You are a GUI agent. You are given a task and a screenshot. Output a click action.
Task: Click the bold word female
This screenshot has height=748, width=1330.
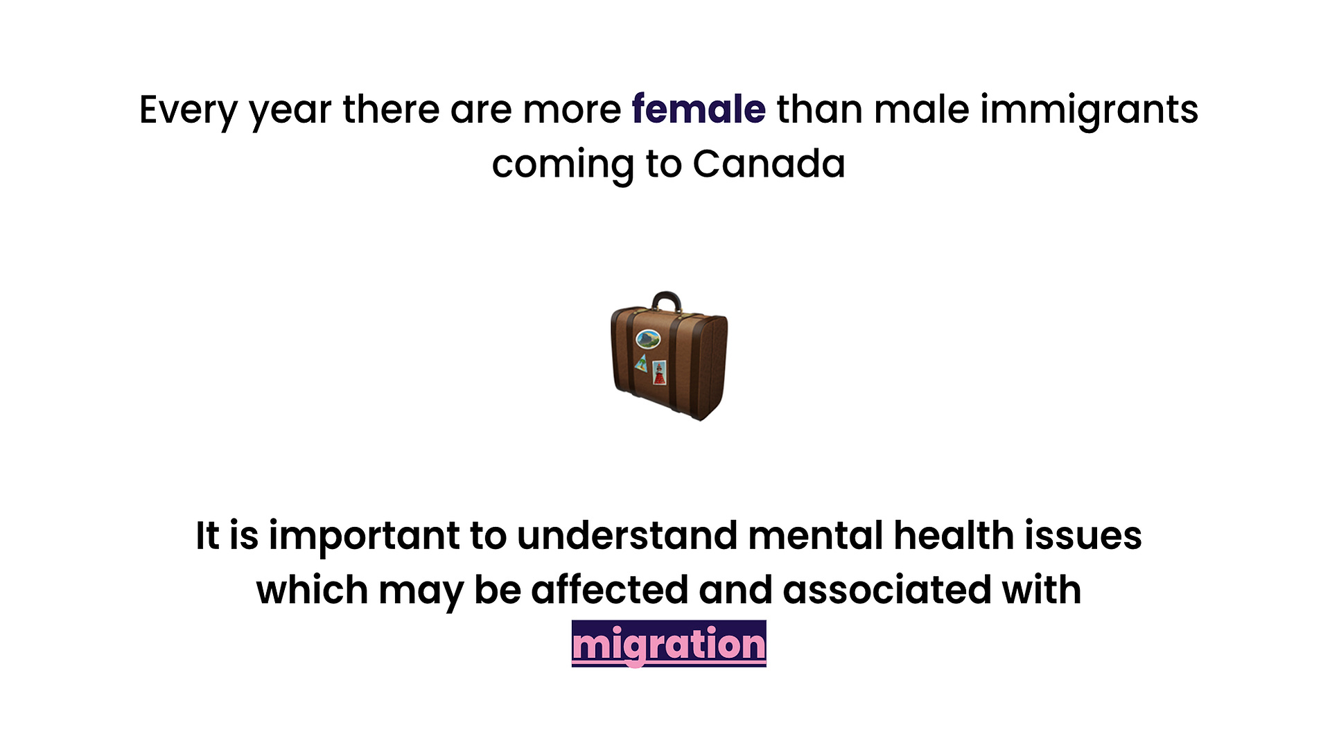click(699, 110)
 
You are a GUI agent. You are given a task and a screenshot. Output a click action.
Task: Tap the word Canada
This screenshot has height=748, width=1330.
click(769, 164)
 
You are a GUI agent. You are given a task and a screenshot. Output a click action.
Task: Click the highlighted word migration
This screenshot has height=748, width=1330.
click(669, 644)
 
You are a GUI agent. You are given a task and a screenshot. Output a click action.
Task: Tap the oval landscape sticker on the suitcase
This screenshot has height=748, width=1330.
click(648, 338)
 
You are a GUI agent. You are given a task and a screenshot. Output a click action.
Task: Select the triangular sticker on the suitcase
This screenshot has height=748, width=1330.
click(642, 363)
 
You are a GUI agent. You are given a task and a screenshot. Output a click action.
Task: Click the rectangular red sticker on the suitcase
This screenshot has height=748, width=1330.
click(659, 372)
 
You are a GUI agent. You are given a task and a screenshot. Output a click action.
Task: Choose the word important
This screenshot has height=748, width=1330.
click(365, 537)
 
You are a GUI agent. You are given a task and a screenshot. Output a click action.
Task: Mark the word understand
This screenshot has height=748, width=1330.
click(627, 536)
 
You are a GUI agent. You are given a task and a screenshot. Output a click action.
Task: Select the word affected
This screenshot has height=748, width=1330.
click(609, 590)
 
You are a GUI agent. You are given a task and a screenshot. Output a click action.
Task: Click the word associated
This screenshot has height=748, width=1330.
click(886, 590)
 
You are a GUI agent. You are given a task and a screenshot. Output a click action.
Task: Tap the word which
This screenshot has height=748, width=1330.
click(312, 590)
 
